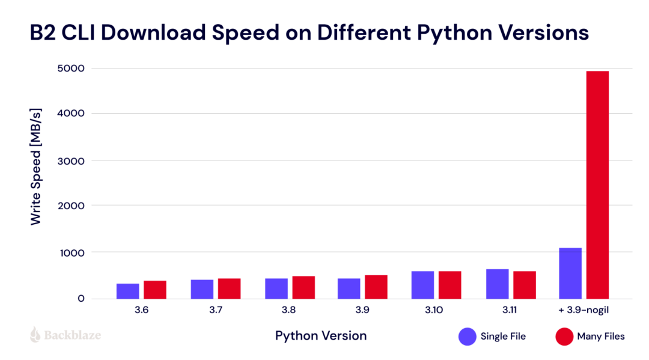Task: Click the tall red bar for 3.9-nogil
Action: (597, 185)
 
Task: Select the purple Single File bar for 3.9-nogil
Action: (570, 273)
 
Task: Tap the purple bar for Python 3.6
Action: (127, 291)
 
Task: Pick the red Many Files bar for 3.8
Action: (303, 287)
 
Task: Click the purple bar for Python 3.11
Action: (497, 284)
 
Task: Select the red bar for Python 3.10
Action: (449, 285)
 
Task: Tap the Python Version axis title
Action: (321, 335)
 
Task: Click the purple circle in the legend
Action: (467, 337)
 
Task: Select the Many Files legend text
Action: (600, 337)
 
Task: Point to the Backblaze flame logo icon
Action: (35, 335)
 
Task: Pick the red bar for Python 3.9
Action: (376, 287)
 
